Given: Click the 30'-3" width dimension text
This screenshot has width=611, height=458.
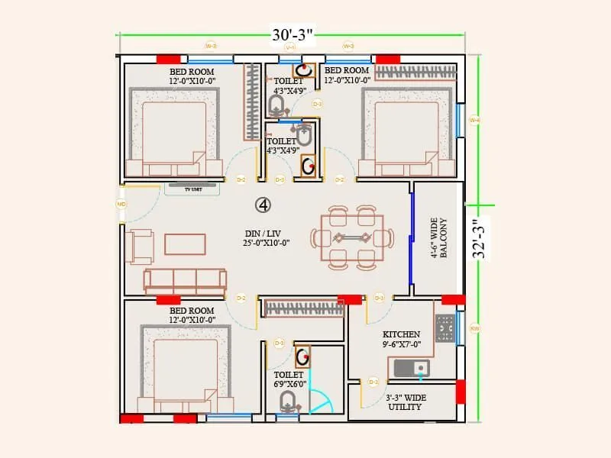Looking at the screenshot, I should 293,35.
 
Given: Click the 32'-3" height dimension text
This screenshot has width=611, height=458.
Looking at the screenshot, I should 479,240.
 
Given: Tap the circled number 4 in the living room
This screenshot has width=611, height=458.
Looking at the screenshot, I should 263,205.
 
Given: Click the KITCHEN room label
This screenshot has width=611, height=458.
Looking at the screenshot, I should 402,339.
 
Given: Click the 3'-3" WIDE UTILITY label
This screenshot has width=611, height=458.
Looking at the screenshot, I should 405,402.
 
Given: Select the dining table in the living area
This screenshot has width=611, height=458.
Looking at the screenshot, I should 352,237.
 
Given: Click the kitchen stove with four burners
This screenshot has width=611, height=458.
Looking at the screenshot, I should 445,328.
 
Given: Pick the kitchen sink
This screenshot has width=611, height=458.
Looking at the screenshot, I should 412,369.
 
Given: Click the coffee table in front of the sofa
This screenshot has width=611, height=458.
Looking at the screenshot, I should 185,244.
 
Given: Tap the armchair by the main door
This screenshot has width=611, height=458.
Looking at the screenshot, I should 139,247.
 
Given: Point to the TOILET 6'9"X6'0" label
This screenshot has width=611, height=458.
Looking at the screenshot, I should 289,379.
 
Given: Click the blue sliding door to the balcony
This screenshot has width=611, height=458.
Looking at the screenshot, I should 411,238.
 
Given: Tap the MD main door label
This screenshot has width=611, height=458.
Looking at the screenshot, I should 121,205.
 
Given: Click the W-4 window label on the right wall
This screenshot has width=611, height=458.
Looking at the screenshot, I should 474,120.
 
